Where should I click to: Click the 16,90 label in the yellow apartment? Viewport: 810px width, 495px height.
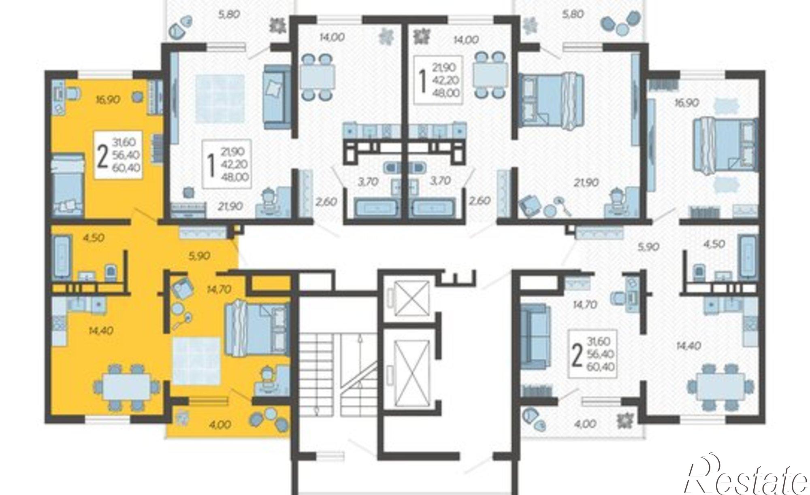point(108,99)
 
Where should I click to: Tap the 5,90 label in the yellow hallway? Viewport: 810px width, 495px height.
point(198,256)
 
